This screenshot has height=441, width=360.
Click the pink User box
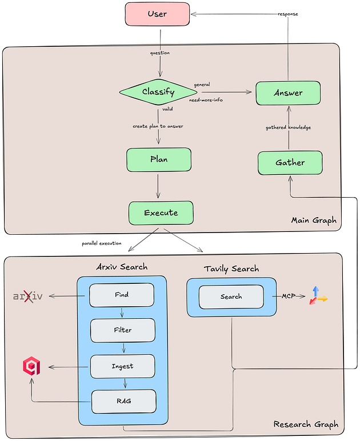[157, 14]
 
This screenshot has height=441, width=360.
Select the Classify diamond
[158, 92]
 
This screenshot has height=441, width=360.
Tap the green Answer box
[288, 93]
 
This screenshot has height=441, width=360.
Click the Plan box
[159, 160]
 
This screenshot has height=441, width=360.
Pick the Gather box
[290, 163]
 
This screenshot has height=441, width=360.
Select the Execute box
[161, 213]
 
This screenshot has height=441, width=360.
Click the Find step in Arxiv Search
[122, 295]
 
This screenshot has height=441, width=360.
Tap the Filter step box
[123, 330]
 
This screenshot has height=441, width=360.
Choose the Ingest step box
[123, 366]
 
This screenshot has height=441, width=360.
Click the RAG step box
[124, 402]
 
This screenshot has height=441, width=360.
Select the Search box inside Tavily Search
[231, 296]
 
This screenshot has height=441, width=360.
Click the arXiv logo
[28, 296]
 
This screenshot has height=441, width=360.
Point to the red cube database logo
[31, 366]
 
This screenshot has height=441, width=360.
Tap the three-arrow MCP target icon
[318, 296]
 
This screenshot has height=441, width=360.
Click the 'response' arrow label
[288, 14]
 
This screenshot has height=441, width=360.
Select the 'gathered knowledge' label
[288, 127]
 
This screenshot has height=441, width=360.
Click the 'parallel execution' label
[102, 243]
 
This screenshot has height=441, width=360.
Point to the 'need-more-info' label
[206, 100]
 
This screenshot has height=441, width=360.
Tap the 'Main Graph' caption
[314, 220]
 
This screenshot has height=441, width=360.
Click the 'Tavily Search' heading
[231, 269]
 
